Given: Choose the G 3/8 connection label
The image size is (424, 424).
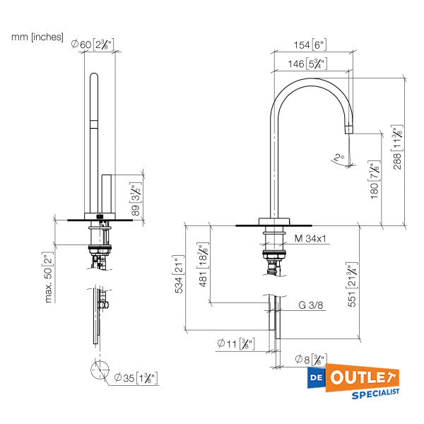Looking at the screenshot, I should click(311, 305).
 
